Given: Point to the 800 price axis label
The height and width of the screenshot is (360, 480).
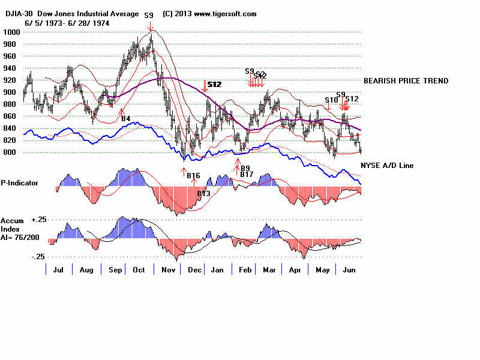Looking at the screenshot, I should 12,152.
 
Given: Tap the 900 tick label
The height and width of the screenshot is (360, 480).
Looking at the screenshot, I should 12,92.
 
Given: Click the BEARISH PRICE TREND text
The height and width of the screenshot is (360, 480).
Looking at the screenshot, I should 406,81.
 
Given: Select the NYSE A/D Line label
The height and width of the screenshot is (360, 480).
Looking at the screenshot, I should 387,166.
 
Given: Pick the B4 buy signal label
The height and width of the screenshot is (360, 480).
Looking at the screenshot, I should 126,119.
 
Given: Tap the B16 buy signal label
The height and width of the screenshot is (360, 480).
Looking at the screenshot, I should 193,175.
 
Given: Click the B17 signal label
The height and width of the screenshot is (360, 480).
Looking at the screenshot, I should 246,174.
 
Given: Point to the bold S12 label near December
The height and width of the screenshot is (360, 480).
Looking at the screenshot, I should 214,85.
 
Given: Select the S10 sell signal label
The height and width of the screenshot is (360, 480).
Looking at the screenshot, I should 331,100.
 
